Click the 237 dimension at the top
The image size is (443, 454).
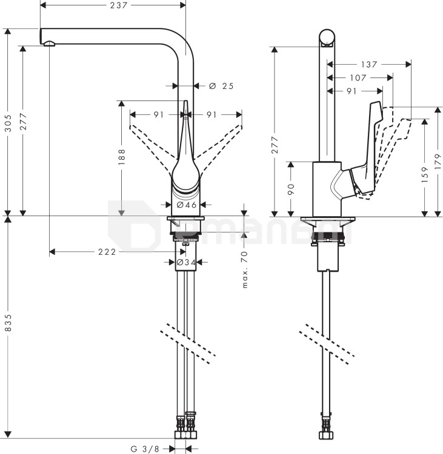pyautogui.click(x=119, y=5)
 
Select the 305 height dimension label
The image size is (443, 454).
pyautogui.click(x=8, y=123)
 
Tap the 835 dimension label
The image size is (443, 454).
pyautogui.click(x=8, y=323)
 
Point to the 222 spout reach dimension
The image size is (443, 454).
pyautogui.click(x=107, y=252)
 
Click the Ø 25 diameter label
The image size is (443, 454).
pyautogui.click(x=221, y=86)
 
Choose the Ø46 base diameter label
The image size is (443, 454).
pyautogui.click(x=187, y=205)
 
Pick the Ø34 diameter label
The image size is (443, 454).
pyautogui.click(x=186, y=262)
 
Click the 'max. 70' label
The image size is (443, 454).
pyautogui.click(x=245, y=270)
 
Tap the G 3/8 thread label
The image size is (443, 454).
pyautogui.click(x=145, y=449)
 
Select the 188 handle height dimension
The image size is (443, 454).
pyautogui.click(x=121, y=157)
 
